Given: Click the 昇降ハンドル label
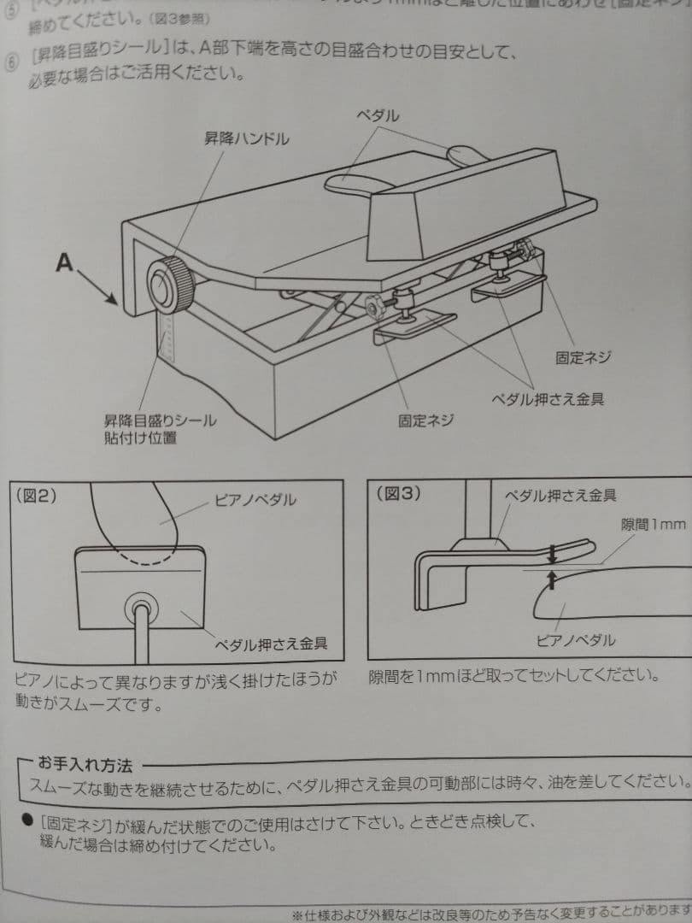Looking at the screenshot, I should (245, 138).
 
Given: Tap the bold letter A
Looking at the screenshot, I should (64, 263).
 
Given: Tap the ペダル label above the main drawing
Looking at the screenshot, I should (377, 116).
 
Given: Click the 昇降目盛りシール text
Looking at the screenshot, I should (160, 420).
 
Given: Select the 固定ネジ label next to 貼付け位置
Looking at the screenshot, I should (425, 420).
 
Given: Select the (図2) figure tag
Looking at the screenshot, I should (37, 494).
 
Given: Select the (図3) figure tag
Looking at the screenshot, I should (397, 493).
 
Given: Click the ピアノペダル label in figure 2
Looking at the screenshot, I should (255, 500).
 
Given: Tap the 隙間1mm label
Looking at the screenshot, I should (653, 524).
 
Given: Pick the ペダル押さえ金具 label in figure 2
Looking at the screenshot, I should (270, 643).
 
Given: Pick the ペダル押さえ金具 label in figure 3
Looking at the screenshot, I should (560, 495).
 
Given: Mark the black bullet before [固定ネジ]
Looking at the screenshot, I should (26, 820).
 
